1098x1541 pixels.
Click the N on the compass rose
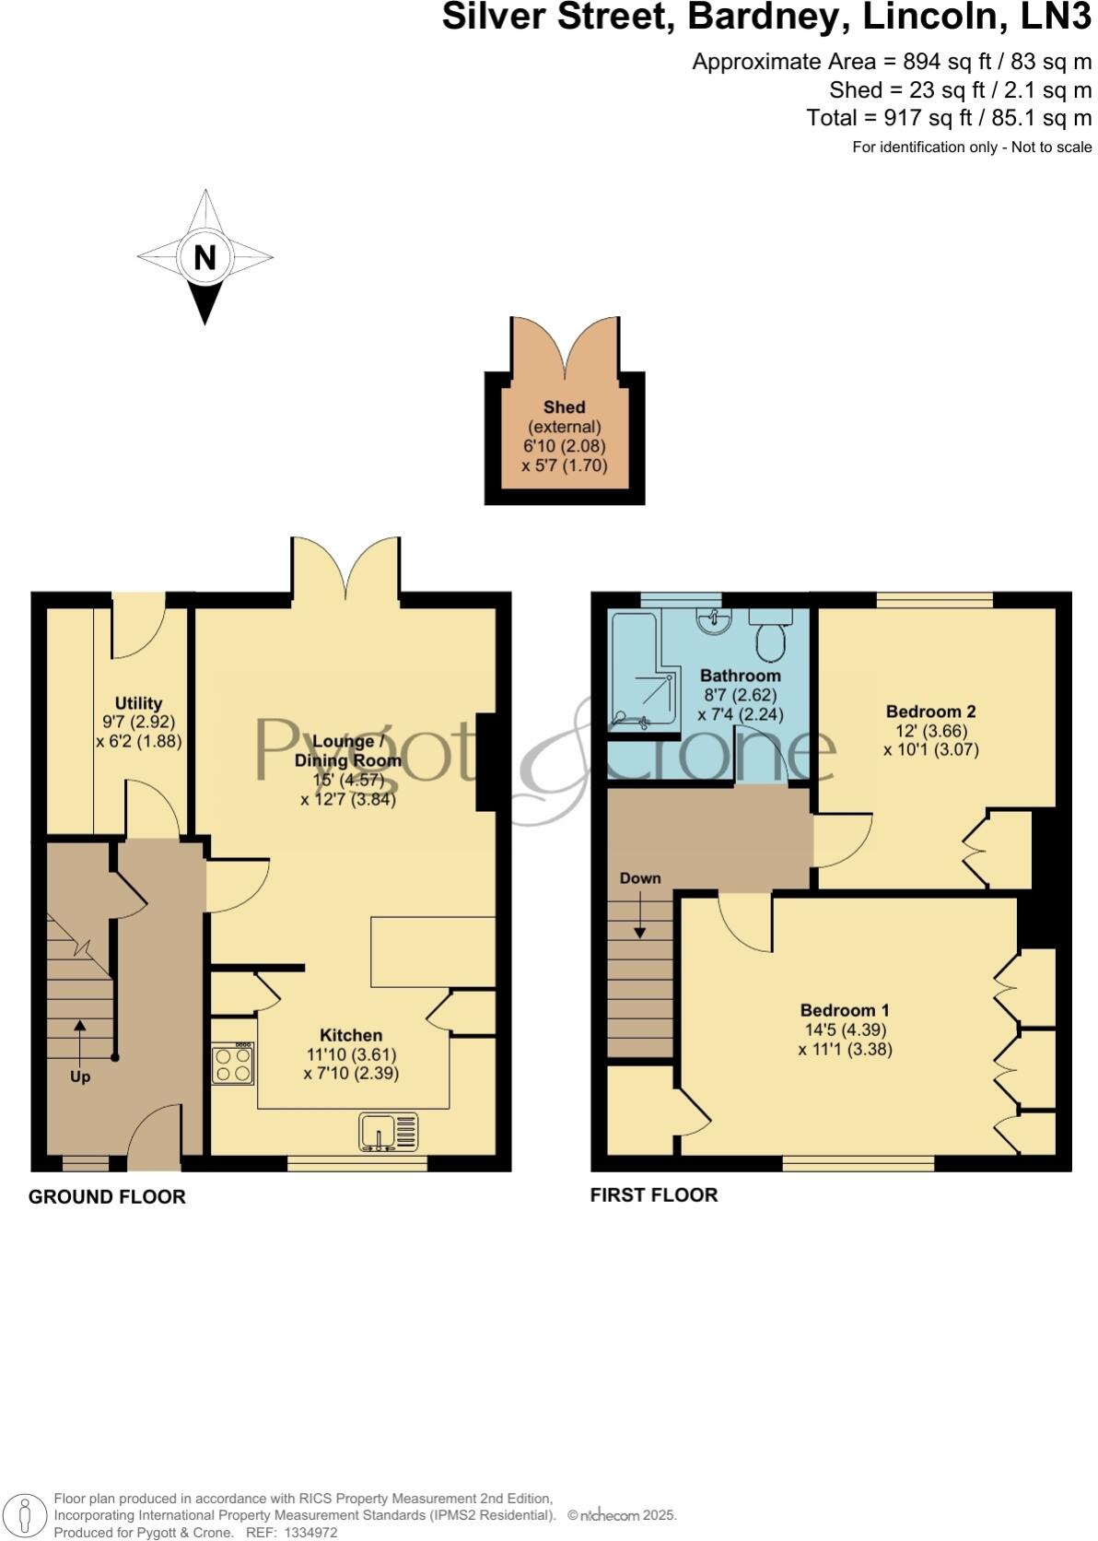point(204,257)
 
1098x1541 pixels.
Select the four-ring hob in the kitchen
point(233,1065)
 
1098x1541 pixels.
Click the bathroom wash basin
point(713,622)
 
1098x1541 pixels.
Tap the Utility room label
point(139,703)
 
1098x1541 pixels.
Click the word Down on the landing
point(640,878)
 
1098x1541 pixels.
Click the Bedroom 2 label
point(930,712)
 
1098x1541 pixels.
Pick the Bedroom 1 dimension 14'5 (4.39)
point(845,1030)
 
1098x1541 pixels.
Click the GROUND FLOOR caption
point(107,1196)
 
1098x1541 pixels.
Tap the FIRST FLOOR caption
point(654,1195)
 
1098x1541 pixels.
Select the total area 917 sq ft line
point(949,118)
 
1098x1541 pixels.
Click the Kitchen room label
point(351,1035)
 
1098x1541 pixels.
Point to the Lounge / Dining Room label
point(347,750)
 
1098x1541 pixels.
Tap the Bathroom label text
point(740,676)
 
